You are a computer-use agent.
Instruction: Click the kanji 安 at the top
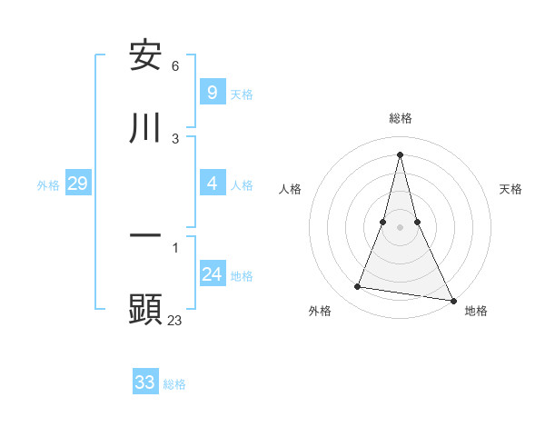pyautogui.click(x=145, y=56)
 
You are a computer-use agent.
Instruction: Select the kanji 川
pyautogui.click(x=145, y=127)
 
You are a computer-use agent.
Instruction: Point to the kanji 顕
pyautogui.click(x=145, y=309)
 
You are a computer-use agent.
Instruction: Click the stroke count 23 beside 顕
pyautogui.click(x=175, y=320)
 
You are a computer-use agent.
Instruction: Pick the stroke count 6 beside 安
pyautogui.click(x=175, y=66)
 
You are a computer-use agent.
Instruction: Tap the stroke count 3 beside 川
pyautogui.click(x=175, y=138)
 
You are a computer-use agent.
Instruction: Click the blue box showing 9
pyautogui.click(x=212, y=93)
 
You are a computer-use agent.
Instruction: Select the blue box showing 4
pyautogui.click(x=212, y=184)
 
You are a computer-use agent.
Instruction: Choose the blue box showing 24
pyautogui.click(x=212, y=274)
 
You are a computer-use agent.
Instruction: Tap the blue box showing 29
pyautogui.click(x=77, y=184)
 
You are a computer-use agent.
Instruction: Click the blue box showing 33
pyautogui.click(x=145, y=382)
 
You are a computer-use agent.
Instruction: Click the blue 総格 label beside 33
pyautogui.click(x=174, y=384)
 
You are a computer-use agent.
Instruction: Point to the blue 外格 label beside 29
pyautogui.click(x=48, y=185)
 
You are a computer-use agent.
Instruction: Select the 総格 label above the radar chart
pyautogui.click(x=401, y=118)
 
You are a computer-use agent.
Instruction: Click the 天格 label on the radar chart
pyautogui.click(x=511, y=189)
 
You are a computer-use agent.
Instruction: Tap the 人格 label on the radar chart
pyautogui.click(x=291, y=189)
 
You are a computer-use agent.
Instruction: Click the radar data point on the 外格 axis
pyautogui.click(x=358, y=287)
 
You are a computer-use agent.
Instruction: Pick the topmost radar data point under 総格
pyautogui.click(x=401, y=154)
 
